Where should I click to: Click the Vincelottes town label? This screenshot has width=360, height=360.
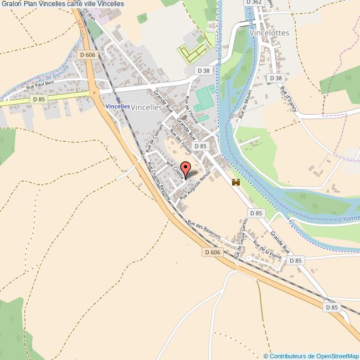click(270, 33)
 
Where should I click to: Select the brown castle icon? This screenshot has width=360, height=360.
click(236, 182)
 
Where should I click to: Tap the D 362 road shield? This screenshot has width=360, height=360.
click(253, 2)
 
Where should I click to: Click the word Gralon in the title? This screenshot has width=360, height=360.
click(12, 4)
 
